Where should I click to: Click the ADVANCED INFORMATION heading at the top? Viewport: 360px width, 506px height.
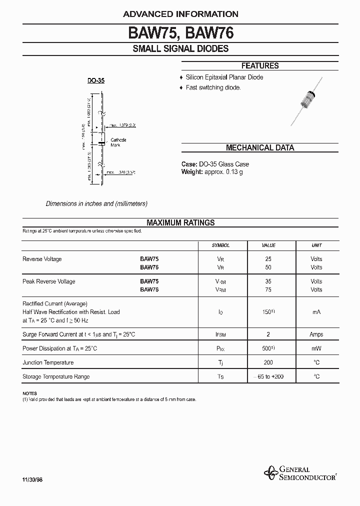pos(180,14)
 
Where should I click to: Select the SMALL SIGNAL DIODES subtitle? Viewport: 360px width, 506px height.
pos(180,49)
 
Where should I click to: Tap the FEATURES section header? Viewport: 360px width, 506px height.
pos(260,66)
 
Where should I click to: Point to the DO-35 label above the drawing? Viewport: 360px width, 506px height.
pos(96,80)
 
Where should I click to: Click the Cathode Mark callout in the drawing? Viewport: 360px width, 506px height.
pos(118,142)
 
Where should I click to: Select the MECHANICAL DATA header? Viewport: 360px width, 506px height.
pos(260,148)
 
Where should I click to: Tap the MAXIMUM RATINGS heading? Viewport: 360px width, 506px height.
pos(180,223)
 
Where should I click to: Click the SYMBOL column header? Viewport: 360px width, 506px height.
pos(220,245)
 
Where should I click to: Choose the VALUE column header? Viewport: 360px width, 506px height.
pos(269,245)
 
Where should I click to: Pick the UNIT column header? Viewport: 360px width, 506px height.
pos(316,245)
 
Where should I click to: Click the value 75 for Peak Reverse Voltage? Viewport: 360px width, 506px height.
pos(269,289)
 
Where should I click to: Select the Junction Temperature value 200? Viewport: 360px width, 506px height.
pos(269,362)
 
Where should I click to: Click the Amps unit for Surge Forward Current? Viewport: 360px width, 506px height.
pos(316,334)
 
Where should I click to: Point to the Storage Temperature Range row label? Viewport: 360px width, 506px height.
pos(56,376)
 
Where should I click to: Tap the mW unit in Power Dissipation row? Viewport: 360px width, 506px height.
pos(316,348)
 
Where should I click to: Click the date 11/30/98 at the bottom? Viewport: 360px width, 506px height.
pos(32,480)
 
